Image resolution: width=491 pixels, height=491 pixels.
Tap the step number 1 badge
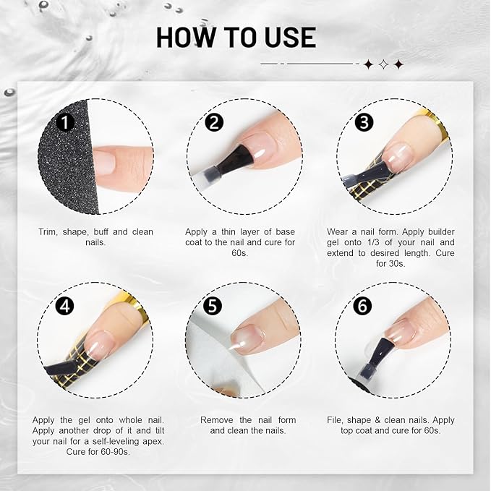pos(66,122)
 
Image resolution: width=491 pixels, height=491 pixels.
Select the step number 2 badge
pos(213,122)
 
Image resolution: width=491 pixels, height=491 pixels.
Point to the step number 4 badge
pos(66,306)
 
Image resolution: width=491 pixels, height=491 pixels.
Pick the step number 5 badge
pos(213,306)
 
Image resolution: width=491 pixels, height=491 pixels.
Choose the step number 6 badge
pos(361,306)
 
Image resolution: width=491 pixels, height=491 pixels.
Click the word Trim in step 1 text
pos(48,232)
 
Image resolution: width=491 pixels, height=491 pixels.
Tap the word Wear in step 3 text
pos(338,232)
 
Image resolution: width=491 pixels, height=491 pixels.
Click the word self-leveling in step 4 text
pos(101,441)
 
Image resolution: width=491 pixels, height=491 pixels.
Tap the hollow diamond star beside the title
pos(383,64)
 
